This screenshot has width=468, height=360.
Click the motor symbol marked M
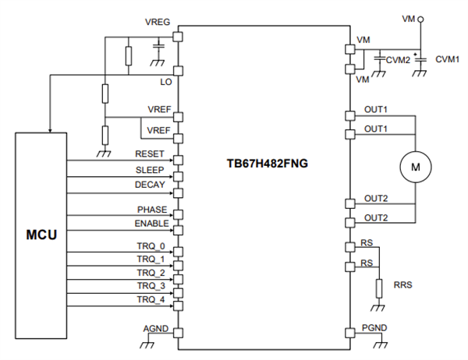pos(415,165)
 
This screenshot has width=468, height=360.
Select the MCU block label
pos(41,233)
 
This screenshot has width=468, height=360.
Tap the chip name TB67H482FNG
pos(262,164)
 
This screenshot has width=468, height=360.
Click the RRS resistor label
pos(403,285)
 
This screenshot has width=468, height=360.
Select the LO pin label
pos(165,81)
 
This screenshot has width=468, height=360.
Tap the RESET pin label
pos(150,154)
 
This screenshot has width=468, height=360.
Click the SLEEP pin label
pos(150,169)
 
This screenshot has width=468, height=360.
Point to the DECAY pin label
pos(150,185)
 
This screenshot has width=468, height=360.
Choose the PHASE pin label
pos(151,210)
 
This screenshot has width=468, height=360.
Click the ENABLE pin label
pos(150,224)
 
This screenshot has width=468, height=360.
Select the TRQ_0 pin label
pos(151,246)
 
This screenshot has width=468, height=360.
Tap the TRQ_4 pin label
pos(151,299)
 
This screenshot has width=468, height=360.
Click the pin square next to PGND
pos(350,333)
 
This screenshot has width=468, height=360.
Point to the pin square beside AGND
pos(178,333)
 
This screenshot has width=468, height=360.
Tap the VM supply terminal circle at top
pos(421,17)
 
